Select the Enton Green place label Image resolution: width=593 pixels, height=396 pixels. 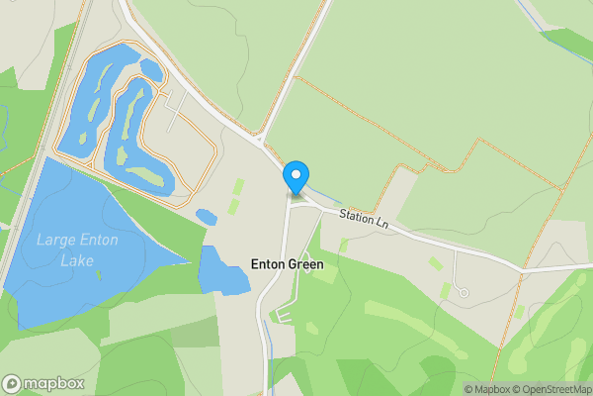point(286,264)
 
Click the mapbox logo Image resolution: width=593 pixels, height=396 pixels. point(43,384)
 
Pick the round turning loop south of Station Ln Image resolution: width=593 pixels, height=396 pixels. point(463,292)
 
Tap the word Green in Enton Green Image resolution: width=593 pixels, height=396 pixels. point(304,264)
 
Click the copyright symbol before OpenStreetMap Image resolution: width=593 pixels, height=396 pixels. point(514,389)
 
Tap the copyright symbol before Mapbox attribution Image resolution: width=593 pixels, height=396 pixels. point(468,389)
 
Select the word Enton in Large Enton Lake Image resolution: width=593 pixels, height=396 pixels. point(94,239)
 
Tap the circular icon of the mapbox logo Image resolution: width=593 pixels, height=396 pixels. point(12,384)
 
